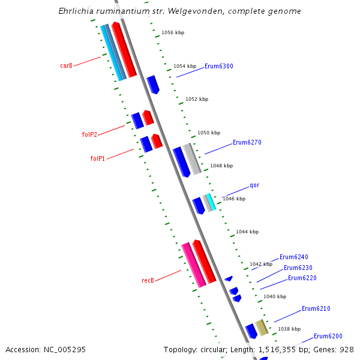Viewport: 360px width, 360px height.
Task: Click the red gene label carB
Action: coord(66,65)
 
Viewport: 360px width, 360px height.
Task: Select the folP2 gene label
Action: coord(89,134)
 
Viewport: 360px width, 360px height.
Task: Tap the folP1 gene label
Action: coord(98,158)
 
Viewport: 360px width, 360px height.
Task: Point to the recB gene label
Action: coord(148,280)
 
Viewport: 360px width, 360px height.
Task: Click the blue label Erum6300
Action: coord(219,66)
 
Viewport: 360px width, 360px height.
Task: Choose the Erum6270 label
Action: coord(247,143)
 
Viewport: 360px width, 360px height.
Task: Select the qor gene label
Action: coord(254,185)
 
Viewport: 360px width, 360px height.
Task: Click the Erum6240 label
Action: coord(294,257)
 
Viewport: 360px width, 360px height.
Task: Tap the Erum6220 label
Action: coord(302,278)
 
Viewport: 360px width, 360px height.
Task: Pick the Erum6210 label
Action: coord(316,308)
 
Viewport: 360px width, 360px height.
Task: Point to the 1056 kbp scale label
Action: coord(173,32)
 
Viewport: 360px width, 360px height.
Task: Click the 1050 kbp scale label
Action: coord(209,133)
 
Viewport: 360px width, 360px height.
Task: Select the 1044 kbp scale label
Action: coord(247,232)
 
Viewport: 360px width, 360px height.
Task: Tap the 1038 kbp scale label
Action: coord(289,329)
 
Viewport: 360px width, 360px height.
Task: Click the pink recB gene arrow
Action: coord(194,265)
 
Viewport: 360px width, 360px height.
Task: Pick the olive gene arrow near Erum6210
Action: coord(261,328)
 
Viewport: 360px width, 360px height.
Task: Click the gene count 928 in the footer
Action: coord(347,349)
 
